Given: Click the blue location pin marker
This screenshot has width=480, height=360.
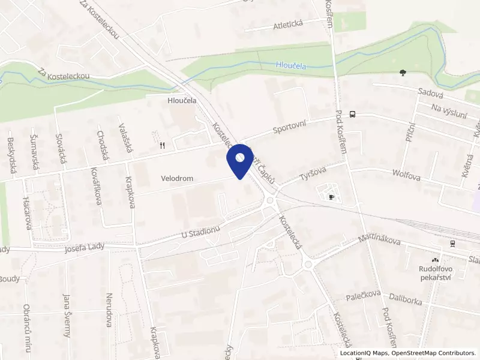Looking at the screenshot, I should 240,160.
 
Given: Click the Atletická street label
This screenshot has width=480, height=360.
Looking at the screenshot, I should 289,24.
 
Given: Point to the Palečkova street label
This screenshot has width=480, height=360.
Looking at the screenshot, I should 364,295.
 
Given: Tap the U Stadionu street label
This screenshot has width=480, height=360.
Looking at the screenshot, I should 201,233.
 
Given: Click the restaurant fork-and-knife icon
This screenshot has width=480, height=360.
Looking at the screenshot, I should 162,145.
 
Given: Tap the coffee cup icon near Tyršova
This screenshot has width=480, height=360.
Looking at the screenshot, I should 331,196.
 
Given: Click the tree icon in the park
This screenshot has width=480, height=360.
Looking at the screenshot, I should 402,73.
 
